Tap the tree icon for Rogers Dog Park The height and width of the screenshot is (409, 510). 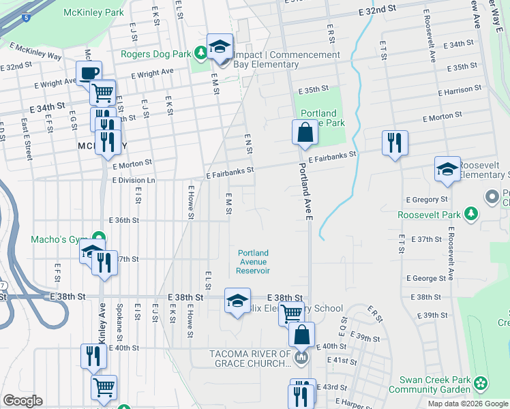pyautogui.click(x=200, y=52)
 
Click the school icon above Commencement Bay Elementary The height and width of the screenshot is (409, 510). pyautogui.click(x=220, y=46)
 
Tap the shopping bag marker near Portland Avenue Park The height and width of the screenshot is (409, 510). pyautogui.click(x=305, y=132)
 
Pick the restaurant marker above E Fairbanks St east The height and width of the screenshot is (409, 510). pyautogui.click(x=394, y=142)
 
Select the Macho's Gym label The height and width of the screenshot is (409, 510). pyautogui.click(x=58, y=239)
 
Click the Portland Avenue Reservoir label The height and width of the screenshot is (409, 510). pyautogui.click(x=254, y=262)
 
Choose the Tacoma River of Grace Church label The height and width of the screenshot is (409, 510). pyautogui.click(x=251, y=359)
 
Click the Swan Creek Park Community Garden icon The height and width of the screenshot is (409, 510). pyautogui.click(x=481, y=382)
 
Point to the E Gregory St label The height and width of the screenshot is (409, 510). pyautogui.click(x=426, y=200)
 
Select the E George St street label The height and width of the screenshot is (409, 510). pyautogui.click(x=426, y=278)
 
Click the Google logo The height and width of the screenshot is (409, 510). pyautogui.click(x=22, y=401)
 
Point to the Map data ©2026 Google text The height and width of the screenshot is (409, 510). pyautogui.click(x=467, y=404)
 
